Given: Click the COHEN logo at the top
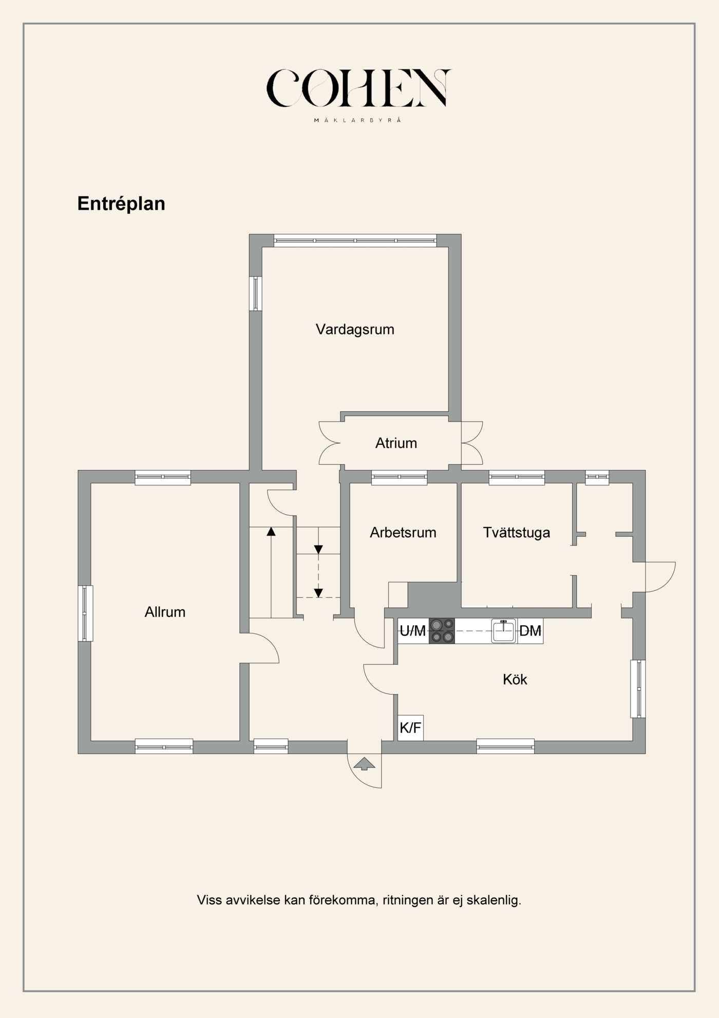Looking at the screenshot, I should click(x=358, y=88).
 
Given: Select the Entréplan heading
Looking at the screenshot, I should click(x=121, y=204).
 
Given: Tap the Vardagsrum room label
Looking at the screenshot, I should click(x=355, y=330).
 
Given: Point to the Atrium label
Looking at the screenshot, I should click(x=396, y=443).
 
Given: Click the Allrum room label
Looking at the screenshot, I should click(x=165, y=612).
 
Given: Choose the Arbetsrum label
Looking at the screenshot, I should click(x=403, y=533).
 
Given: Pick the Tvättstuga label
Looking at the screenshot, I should click(x=516, y=533).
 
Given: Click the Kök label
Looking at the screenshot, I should click(x=515, y=680).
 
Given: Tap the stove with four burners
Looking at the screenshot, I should click(x=442, y=631).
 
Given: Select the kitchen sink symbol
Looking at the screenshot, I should click(x=503, y=631).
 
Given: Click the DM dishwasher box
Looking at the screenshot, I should click(x=530, y=631).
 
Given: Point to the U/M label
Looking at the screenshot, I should click(x=413, y=631).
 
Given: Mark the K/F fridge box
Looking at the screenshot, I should click(x=410, y=728).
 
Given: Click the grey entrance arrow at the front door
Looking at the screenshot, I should click(x=364, y=764).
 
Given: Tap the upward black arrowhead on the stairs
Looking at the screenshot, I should click(x=271, y=532).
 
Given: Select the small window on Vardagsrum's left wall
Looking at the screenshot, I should click(x=255, y=294).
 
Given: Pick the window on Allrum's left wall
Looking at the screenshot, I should click(x=85, y=613).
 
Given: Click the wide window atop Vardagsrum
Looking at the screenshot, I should click(x=355, y=241).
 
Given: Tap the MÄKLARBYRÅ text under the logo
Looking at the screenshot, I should click(x=357, y=120).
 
